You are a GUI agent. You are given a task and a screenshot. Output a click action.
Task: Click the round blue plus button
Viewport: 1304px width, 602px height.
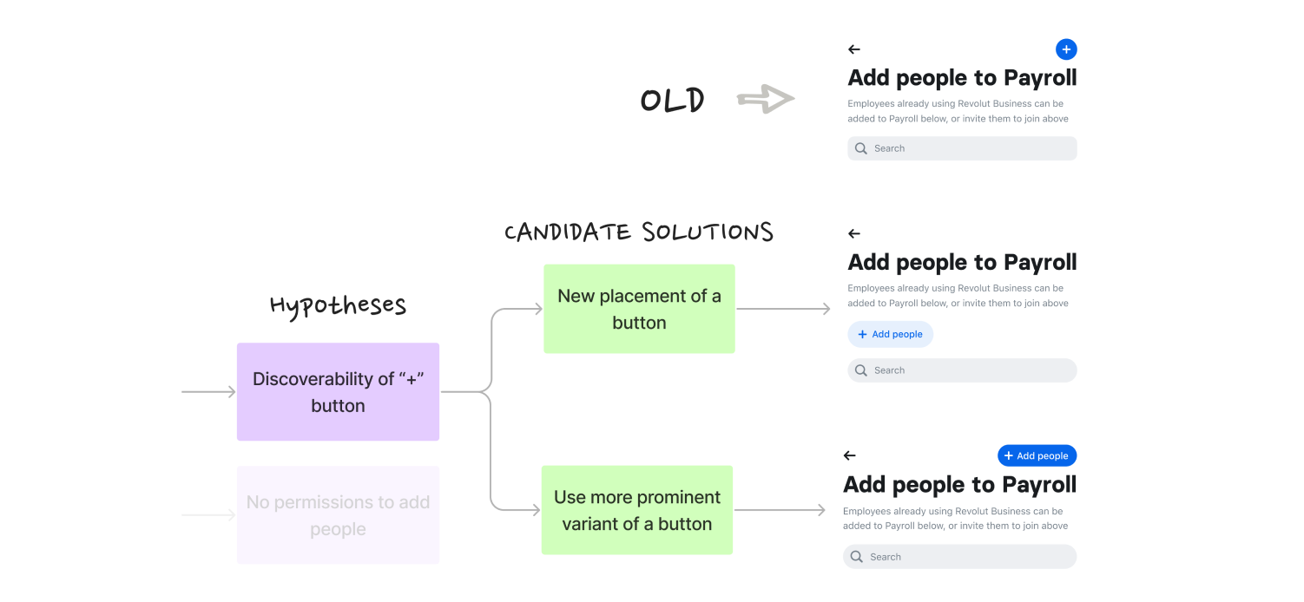(x=1066, y=49)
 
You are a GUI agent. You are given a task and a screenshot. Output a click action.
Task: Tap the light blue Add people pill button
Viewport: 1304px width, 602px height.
(x=890, y=335)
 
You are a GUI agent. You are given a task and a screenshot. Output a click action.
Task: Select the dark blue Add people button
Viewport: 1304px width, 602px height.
(x=1037, y=455)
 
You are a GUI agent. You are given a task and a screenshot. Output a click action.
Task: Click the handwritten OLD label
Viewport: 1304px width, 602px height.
(x=672, y=101)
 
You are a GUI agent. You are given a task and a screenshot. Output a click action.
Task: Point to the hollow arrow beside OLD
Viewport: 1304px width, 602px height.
(x=766, y=99)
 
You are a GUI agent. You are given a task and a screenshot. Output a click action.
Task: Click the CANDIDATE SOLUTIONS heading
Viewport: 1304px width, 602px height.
(x=638, y=232)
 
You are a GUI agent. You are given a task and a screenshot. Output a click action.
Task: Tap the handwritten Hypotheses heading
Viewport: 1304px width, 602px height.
(x=338, y=305)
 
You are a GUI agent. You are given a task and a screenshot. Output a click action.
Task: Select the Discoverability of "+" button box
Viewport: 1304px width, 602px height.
(x=338, y=392)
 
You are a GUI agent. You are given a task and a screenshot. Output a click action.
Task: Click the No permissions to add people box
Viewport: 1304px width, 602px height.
(x=338, y=515)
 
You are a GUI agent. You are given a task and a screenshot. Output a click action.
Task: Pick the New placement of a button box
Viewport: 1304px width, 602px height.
(x=639, y=309)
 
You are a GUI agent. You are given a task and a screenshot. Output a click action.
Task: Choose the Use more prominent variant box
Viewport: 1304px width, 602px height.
(x=637, y=510)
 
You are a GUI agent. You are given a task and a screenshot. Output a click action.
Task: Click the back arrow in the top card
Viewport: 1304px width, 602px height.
(x=854, y=49)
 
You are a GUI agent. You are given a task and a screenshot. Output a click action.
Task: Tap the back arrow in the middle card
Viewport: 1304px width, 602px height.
(x=854, y=233)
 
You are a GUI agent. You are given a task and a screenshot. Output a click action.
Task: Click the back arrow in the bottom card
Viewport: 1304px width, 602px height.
(x=850, y=455)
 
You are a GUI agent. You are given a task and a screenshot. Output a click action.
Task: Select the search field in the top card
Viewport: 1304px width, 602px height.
(x=962, y=148)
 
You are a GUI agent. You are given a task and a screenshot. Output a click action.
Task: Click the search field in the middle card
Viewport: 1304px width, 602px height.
(x=962, y=370)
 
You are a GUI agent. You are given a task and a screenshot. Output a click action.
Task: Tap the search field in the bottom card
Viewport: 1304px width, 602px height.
(x=959, y=557)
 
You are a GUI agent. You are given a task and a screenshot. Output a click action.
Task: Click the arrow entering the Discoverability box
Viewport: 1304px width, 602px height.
(x=208, y=392)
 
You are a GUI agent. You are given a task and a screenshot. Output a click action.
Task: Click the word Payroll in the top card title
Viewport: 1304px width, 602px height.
(x=1040, y=78)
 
